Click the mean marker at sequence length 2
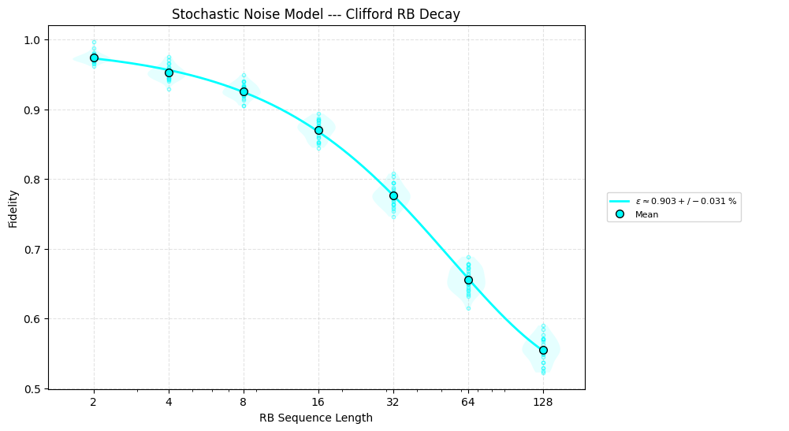click(94, 58)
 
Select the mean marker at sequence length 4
click(169, 72)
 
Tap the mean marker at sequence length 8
click(244, 91)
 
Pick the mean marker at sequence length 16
click(318, 130)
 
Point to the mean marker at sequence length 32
click(393, 195)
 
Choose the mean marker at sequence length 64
click(468, 280)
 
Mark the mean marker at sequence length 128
click(543, 350)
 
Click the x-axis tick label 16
click(318, 402)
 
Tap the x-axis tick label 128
click(543, 402)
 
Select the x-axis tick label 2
click(94, 402)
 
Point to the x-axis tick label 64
click(468, 402)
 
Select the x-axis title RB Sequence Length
click(316, 418)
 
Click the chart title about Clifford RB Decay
click(316, 14)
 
